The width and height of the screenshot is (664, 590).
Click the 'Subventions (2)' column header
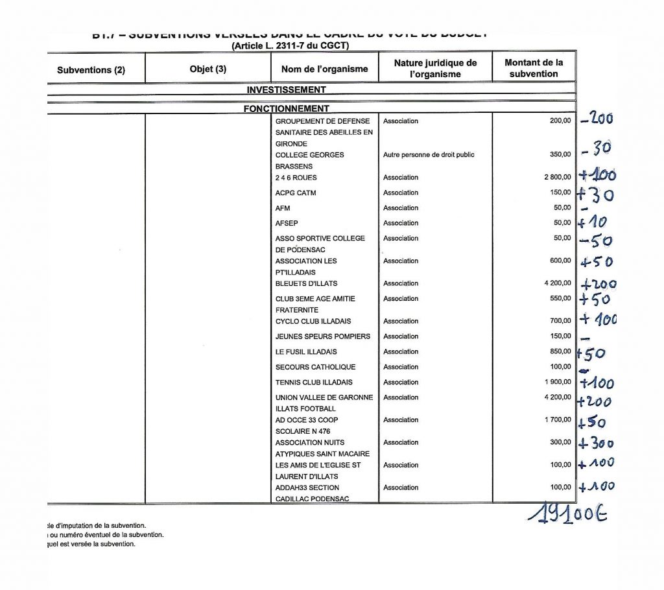point(91,70)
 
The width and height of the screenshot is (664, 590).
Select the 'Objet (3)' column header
point(207,69)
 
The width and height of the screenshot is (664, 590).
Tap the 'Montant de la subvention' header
point(534,68)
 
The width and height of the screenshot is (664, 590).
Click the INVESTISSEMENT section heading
point(286,89)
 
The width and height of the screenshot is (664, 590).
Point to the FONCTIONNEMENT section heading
point(286,108)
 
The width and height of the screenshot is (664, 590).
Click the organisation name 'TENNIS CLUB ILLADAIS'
point(314,383)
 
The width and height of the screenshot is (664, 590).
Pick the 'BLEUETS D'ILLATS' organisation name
point(306,283)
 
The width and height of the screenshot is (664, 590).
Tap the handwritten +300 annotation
point(596,443)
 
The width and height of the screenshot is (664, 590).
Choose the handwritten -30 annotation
point(597,148)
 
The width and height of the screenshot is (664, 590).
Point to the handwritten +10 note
point(593,223)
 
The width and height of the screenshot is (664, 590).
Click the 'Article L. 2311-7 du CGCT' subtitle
point(290,46)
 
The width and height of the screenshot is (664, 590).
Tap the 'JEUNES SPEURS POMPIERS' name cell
point(323,336)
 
